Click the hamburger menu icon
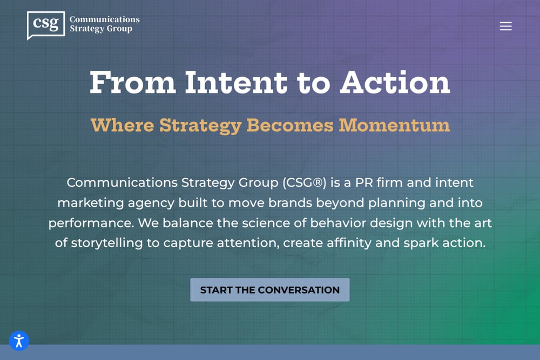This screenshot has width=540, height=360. (x=505, y=26)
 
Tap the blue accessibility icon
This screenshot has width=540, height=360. (x=19, y=341)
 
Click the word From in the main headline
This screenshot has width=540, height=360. (x=133, y=83)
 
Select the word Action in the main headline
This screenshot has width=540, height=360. (x=395, y=83)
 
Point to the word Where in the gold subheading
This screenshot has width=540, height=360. (x=122, y=125)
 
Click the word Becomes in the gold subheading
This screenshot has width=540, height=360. (x=290, y=125)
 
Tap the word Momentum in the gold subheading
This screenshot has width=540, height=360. (x=394, y=125)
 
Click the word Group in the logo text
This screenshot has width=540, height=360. (x=119, y=29)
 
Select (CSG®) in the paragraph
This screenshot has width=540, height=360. (x=304, y=182)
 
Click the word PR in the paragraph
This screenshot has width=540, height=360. (x=363, y=182)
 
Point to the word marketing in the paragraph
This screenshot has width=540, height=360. (x=91, y=203)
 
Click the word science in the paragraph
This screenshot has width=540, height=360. (x=266, y=223)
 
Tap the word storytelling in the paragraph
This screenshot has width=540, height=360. (x=107, y=243)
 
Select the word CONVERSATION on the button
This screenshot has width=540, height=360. (x=299, y=290)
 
